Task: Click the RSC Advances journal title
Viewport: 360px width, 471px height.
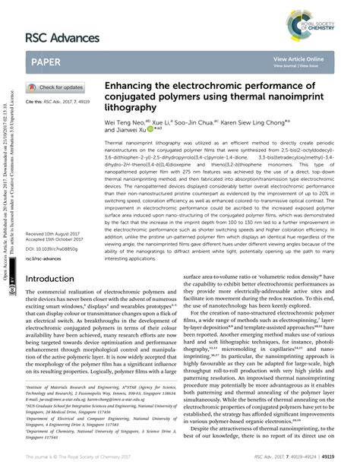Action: click(62, 37)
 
